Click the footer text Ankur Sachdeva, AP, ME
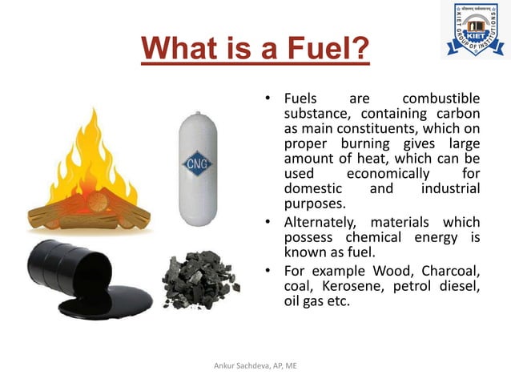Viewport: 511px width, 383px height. (255, 365)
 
